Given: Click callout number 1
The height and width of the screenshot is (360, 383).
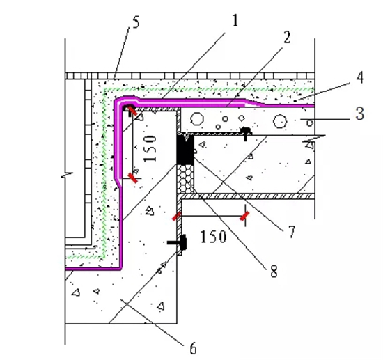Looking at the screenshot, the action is [x=235, y=20].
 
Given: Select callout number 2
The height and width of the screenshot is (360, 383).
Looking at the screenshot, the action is [x=287, y=38].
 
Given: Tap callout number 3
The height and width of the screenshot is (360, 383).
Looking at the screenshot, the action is [x=359, y=114].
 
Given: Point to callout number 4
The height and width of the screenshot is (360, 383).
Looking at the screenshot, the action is [x=359, y=77].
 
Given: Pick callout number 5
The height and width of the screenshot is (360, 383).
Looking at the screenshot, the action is [x=136, y=22].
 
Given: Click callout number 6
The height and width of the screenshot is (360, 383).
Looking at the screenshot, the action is [x=193, y=348].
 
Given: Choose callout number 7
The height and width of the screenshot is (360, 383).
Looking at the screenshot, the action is [x=291, y=232].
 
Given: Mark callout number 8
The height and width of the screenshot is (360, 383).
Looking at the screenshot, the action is [x=274, y=271].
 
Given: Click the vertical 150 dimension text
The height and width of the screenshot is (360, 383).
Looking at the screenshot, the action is [x=150, y=149].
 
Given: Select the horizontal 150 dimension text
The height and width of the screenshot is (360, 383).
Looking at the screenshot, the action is [x=213, y=237].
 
